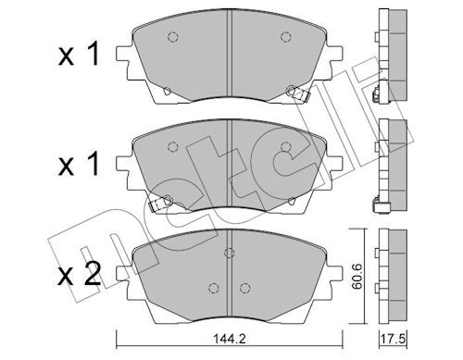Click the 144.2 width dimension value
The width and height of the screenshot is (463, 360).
(x=230, y=340)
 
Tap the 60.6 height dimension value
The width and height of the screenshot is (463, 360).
(x=357, y=277)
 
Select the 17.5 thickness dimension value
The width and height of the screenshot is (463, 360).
(x=393, y=340)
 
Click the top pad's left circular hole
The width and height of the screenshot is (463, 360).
(x=173, y=37)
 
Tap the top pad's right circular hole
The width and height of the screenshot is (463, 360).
(x=286, y=37)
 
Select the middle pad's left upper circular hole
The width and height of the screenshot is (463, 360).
(x=173, y=147)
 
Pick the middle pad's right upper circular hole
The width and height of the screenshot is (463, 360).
(x=286, y=147)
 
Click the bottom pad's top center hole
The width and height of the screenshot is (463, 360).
(x=230, y=253)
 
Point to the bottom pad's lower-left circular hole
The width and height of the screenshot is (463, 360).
(x=214, y=288)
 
